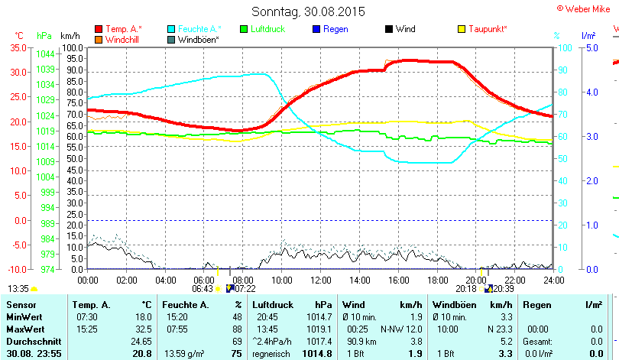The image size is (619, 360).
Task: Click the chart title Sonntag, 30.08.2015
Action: point(309,11)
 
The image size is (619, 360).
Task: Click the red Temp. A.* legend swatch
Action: point(99,29)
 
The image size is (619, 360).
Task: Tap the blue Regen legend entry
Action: point(335,29)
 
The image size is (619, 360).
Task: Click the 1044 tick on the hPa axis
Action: point(45,54)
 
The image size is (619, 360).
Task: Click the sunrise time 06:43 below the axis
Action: point(203,288)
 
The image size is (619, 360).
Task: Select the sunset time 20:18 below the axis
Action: point(465,288)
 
